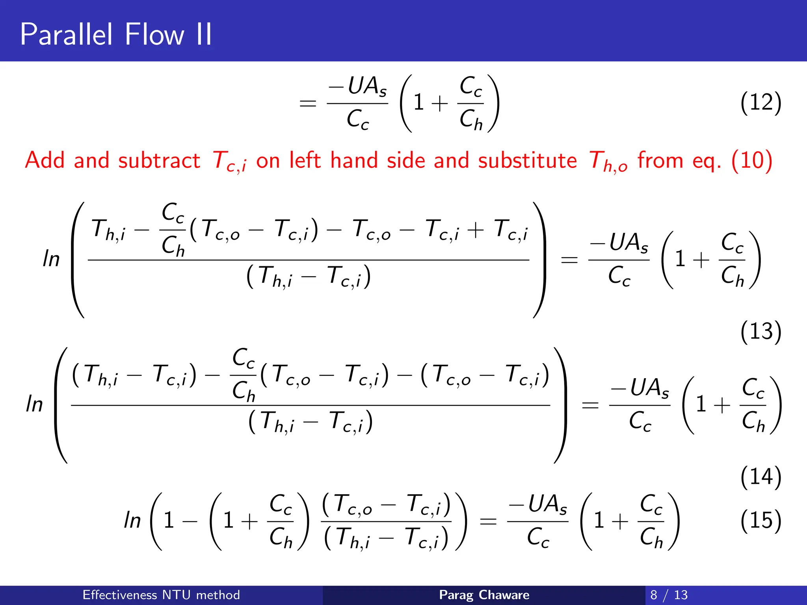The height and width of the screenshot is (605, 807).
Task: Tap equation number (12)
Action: point(761,103)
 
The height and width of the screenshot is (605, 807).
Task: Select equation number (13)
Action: point(761,332)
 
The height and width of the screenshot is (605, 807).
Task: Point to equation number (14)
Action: point(761,477)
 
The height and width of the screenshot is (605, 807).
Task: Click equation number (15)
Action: point(761,521)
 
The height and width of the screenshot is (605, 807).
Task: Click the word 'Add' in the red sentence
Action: point(45,161)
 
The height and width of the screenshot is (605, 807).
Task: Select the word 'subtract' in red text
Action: point(159,161)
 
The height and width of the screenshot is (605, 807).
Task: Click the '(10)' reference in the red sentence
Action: point(751,161)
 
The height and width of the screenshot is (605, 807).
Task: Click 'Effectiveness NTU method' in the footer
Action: point(161,595)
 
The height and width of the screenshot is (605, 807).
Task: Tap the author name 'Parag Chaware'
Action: point(484,595)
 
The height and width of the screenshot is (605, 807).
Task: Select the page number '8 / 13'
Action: point(669,595)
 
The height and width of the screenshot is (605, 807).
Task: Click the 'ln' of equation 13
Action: point(51,260)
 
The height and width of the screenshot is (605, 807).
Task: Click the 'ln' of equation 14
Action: point(34,405)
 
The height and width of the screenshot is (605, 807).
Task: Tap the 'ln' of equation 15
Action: point(132,521)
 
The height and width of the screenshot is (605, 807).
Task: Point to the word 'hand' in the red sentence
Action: point(353,161)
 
